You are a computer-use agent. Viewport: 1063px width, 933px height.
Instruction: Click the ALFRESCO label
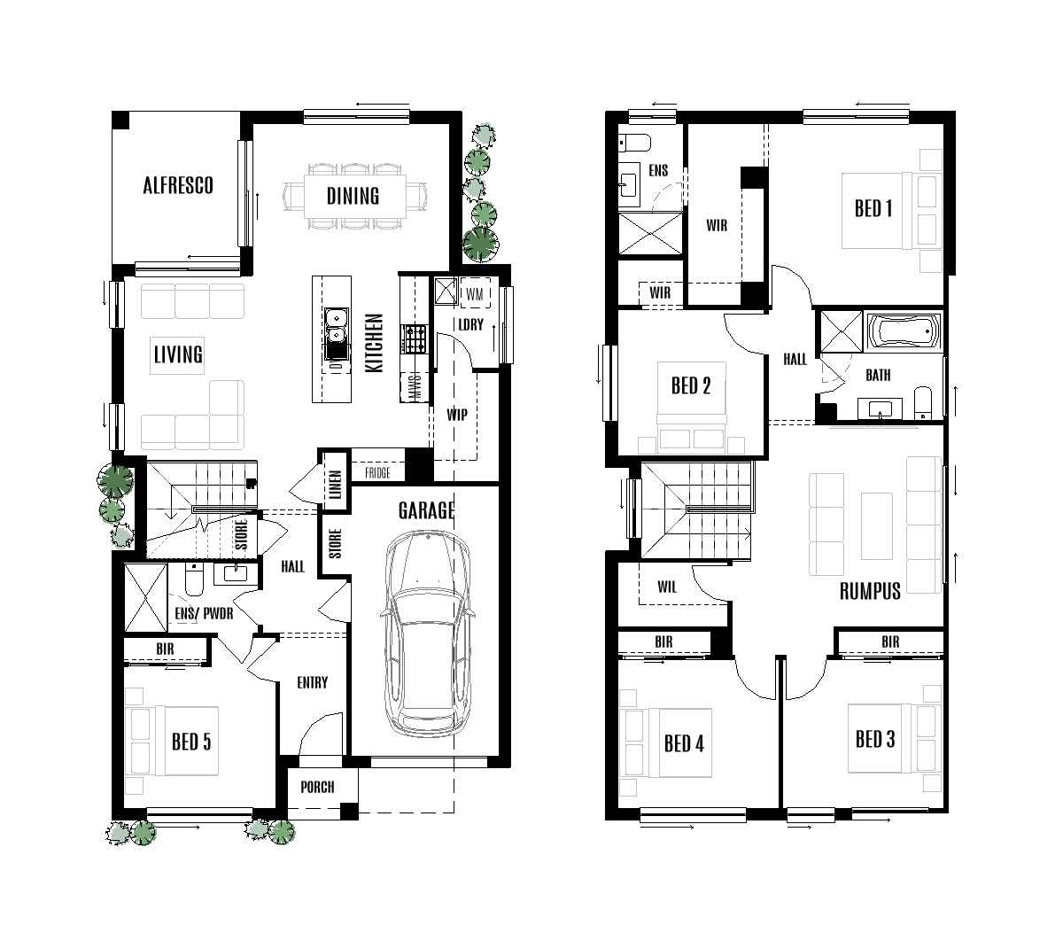(x=178, y=185)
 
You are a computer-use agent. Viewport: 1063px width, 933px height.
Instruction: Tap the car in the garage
(x=427, y=633)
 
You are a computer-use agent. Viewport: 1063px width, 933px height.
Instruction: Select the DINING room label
(x=353, y=196)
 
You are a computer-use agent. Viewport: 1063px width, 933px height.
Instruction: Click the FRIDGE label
(x=377, y=474)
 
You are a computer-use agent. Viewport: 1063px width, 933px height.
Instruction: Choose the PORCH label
(x=317, y=787)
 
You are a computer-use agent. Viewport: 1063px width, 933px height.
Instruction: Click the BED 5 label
(x=191, y=741)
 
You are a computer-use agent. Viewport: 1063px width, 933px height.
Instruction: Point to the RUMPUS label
(x=870, y=590)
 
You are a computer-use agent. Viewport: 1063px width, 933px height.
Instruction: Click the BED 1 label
(x=873, y=208)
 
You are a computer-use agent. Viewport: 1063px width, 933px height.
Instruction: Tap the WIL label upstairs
(x=667, y=586)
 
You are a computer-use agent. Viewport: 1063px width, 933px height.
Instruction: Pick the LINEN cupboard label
(x=335, y=484)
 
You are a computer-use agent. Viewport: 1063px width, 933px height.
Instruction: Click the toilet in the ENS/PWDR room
(x=195, y=579)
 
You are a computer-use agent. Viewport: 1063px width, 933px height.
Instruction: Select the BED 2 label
(x=691, y=385)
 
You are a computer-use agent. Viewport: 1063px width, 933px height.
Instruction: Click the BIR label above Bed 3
(x=890, y=642)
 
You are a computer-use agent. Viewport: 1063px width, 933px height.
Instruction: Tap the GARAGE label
(x=426, y=510)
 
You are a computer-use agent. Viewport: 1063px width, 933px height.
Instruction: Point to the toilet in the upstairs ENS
(x=636, y=142)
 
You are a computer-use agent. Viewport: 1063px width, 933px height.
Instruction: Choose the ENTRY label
(x=312, y=682)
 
